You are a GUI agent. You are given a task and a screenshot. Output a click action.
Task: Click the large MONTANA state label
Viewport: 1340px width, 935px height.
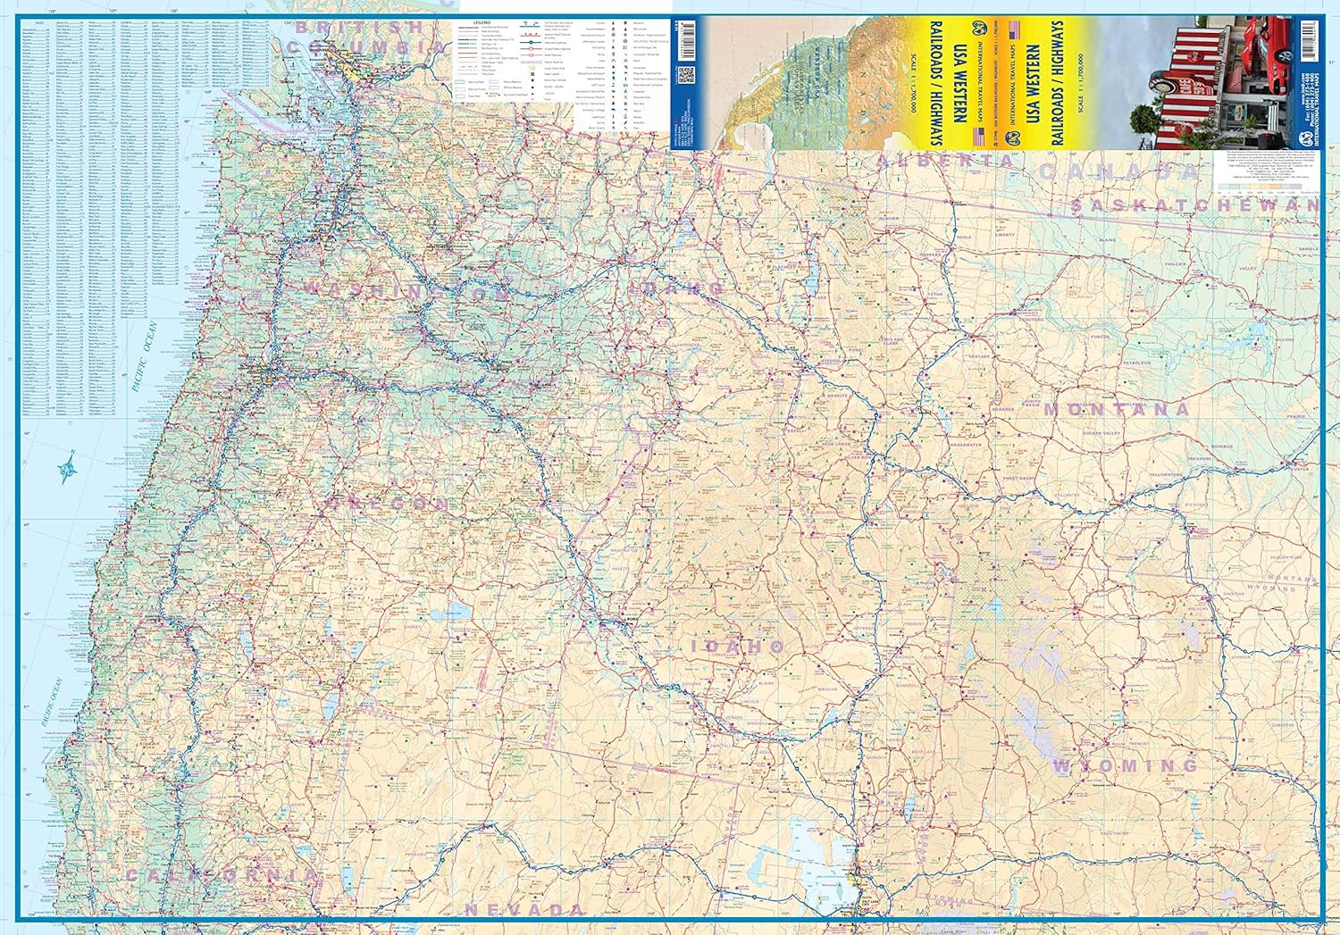pos(1117,409)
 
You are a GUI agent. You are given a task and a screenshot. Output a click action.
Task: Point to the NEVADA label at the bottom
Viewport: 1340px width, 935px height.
pos(524,910)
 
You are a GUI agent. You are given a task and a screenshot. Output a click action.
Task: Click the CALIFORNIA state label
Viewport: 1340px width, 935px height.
pos(221,875)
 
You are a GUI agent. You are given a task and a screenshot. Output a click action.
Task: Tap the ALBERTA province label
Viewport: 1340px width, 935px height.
pos(946,161)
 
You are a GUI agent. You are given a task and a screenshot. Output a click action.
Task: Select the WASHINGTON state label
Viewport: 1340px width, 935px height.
pos(406,290)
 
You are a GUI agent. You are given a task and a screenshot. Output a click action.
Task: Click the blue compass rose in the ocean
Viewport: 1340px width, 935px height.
pos(66,468)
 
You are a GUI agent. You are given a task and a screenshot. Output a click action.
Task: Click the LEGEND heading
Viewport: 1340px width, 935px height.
pos(482,21)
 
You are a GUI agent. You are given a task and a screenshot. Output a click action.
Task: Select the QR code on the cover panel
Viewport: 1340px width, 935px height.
pos(686,75)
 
